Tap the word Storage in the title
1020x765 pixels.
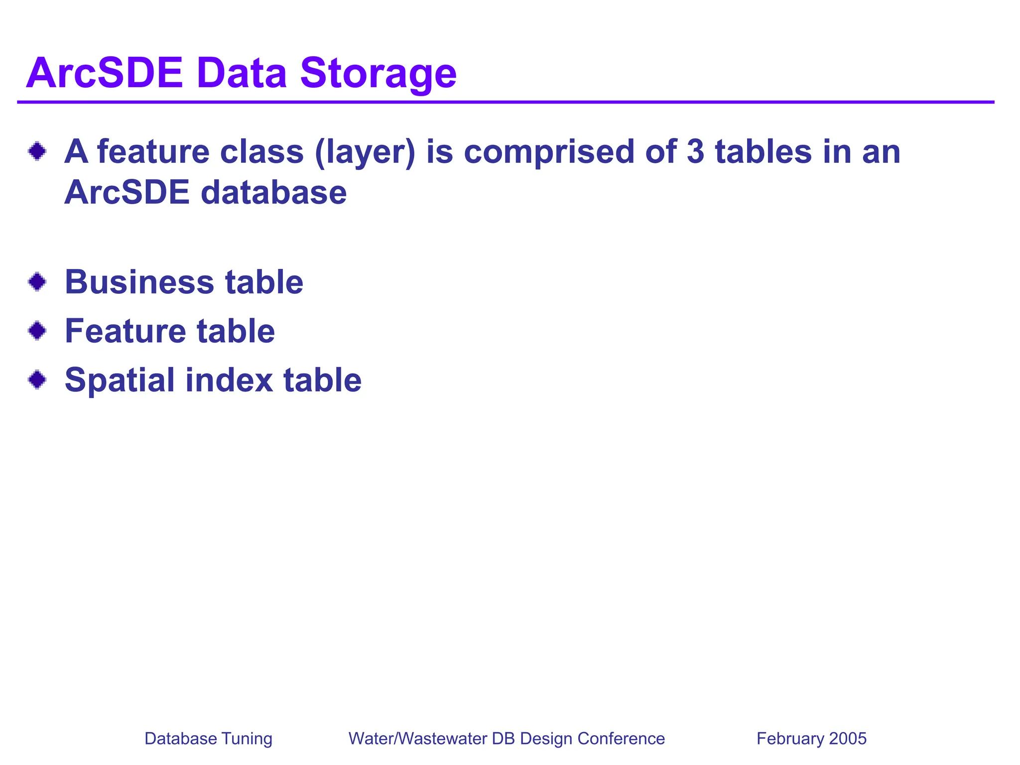[x=378, y=73]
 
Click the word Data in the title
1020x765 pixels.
[x=242, y=73]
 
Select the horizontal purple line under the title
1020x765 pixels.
[x=506, y=102]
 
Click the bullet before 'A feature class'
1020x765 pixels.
[x=37, y=151]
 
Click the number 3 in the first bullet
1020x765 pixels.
[x=696, y=151]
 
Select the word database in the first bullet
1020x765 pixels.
[x=273, y=192]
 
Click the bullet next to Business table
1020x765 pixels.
[x=37, y=282]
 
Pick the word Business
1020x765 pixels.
[x=139, y=282]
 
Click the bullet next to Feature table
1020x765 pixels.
[x=37, y=330]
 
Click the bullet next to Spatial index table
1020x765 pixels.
[x=37, y=380]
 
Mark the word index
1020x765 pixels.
[x=229, y=380]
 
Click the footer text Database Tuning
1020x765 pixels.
[x=208, y=739]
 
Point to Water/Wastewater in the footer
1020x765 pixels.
[x=417, y=739]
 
